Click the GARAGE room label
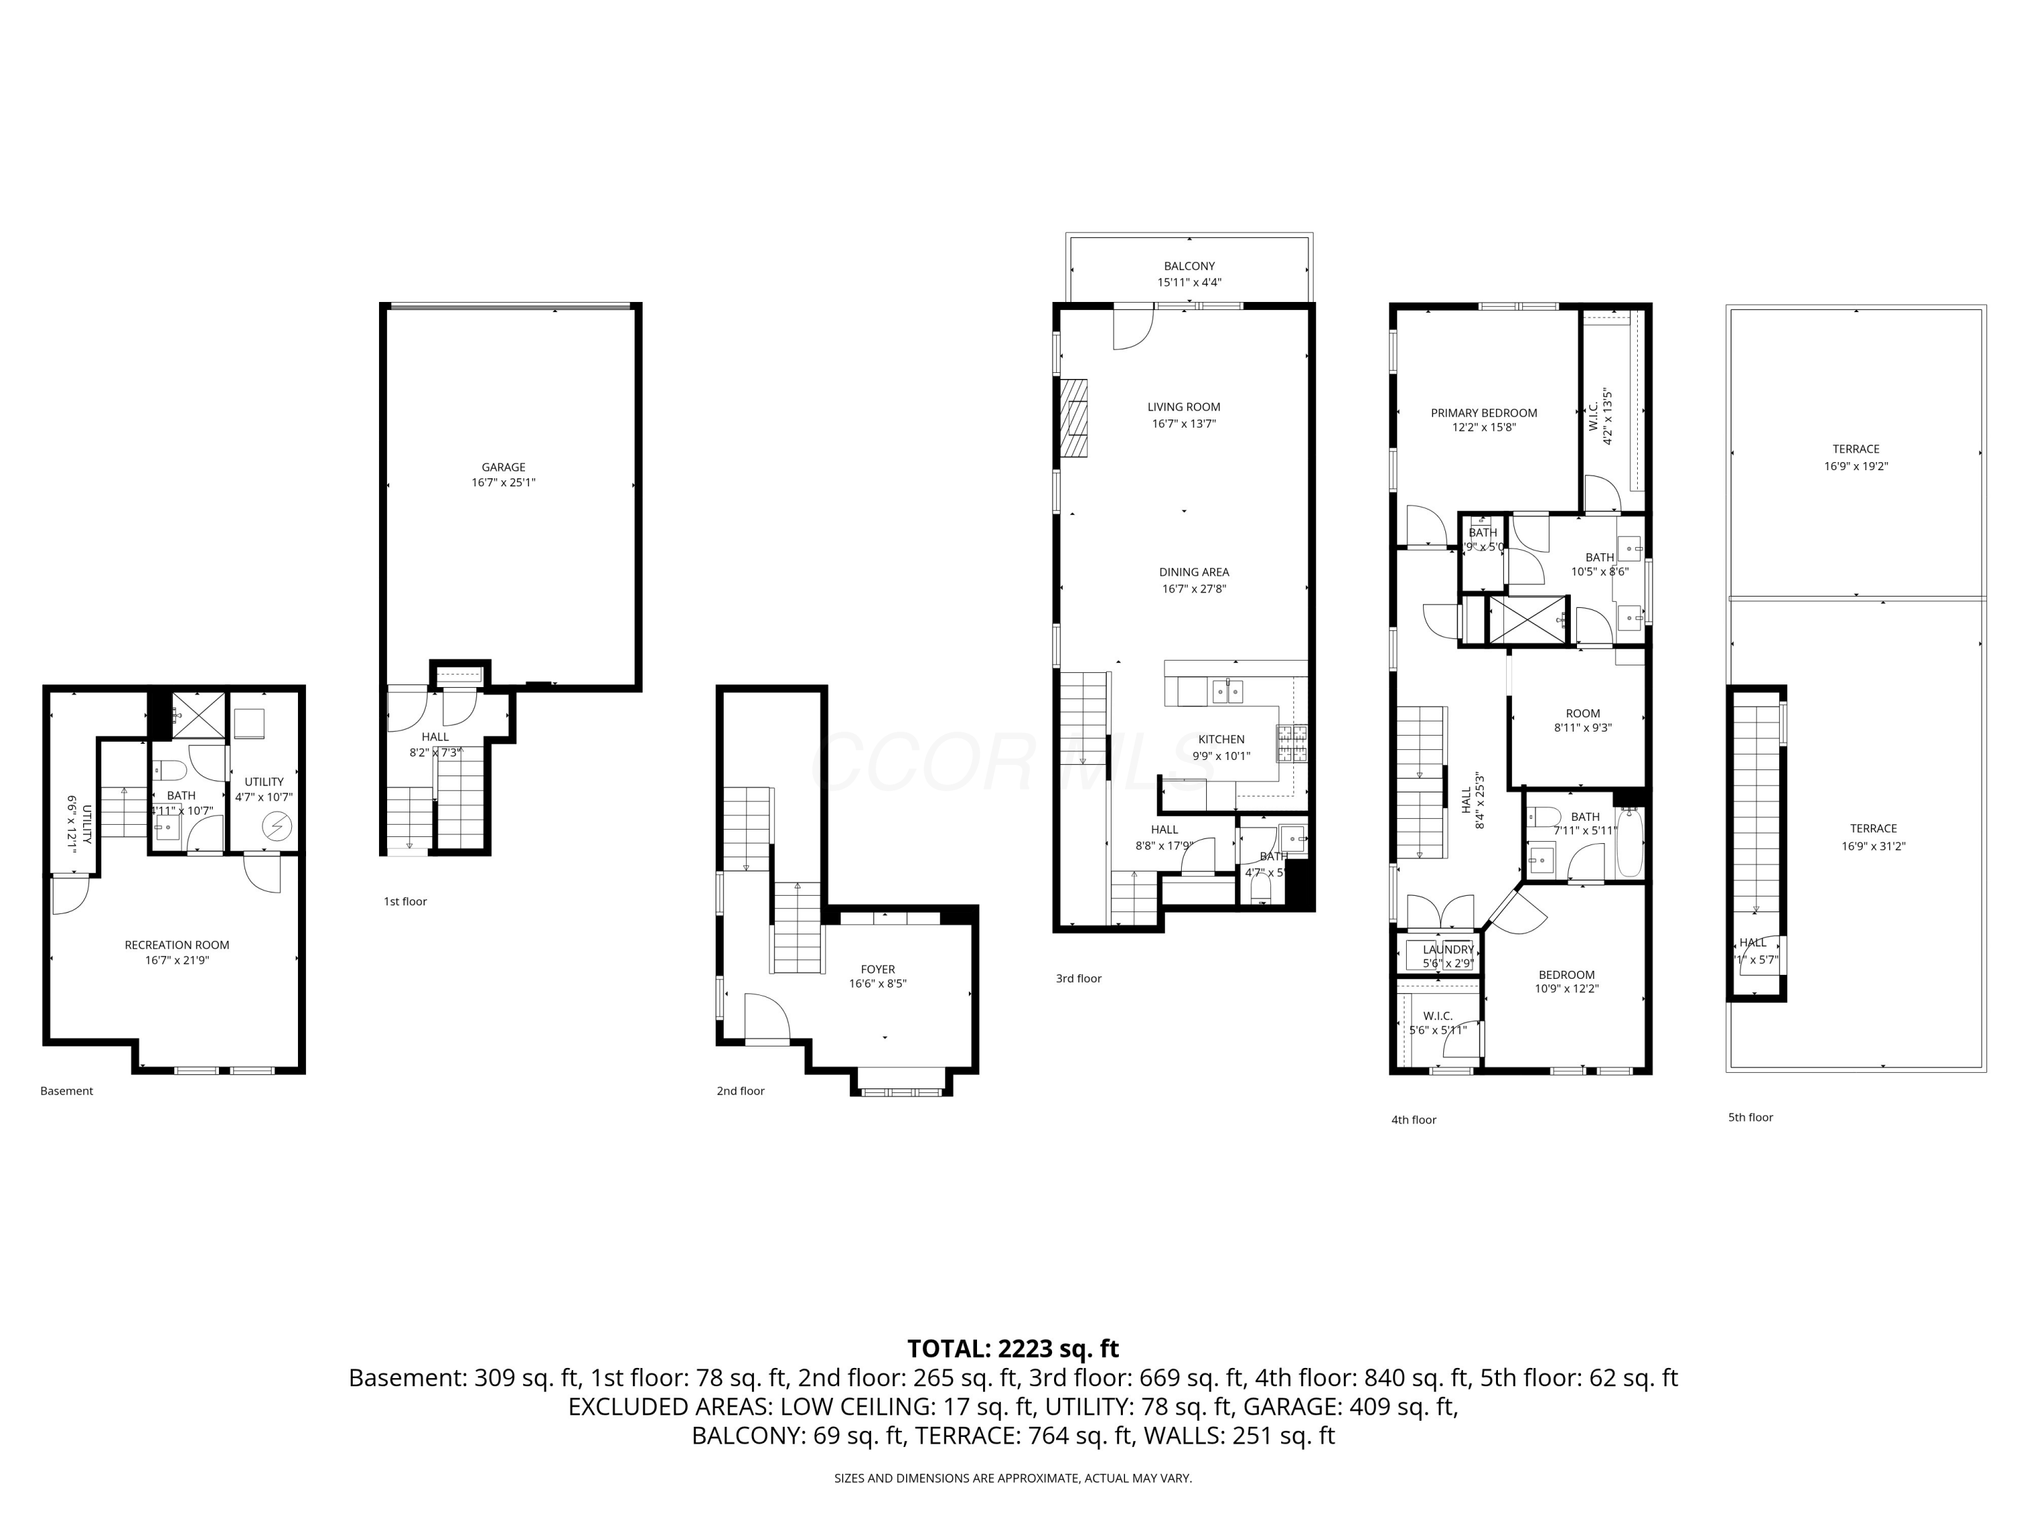tap(503, 467)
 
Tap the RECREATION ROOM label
tap(177, 944)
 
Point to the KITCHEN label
tap(1221, 739)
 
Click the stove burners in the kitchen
tap(1291, 744)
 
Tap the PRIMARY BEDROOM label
tap(1484, 413)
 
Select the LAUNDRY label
tap(1448, 949)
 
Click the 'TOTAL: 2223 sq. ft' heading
tap(1013, 1348)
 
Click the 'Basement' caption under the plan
tap(67, 1090)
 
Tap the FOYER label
tap(877, 969)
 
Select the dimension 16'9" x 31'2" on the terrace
tap(1873, 846)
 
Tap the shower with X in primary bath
tap(1526, 620)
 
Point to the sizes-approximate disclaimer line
tap(1013, 1478)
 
